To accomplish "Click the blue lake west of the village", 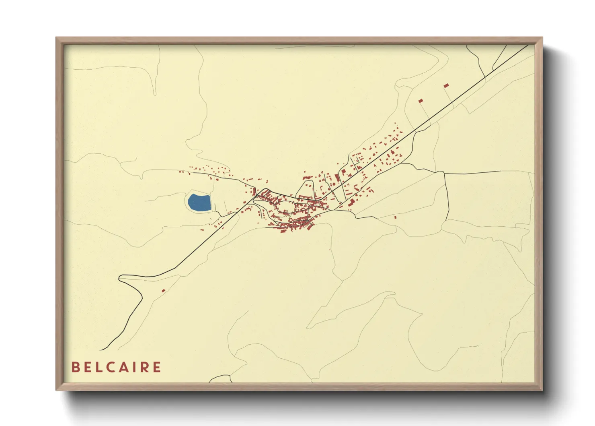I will click(199, 203).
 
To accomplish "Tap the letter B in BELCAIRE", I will click(75, 367).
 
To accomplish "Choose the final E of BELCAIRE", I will click(158, 367).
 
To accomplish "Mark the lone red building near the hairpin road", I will click(163, 290).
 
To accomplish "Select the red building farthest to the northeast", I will click(446, 85).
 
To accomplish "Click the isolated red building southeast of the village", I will click(395, 217).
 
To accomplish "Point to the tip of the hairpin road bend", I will click(120, 277).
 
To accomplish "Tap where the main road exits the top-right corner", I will click(527, 45).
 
